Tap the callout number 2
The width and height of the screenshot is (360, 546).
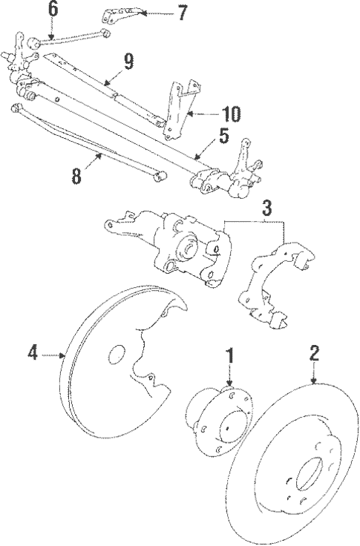[314, 353]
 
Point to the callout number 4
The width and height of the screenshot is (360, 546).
[33, 352]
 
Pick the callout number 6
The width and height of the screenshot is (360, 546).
[53, 10]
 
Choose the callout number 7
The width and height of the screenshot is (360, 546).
[183, 13]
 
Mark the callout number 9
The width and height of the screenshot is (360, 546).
[128, 62]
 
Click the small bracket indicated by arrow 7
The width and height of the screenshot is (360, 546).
[122, 16]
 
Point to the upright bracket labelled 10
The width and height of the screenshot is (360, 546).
[180, 110]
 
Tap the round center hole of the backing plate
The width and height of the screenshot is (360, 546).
[117, 355]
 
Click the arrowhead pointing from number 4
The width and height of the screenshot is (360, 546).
[63, 355]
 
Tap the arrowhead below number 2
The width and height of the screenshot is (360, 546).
[314, 381]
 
